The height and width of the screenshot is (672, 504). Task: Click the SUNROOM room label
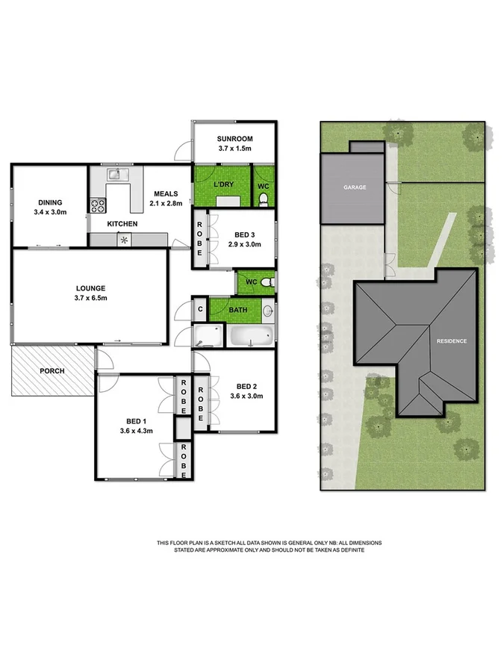click(234, 139)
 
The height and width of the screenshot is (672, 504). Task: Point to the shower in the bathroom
click(208, 336)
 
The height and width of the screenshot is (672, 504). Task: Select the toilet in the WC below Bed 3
click(267, 282)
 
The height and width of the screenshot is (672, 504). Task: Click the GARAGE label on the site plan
click(355, 187)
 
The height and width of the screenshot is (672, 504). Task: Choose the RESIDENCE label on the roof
click(452, 341)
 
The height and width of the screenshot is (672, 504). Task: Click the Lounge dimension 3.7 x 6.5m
click(89, 298)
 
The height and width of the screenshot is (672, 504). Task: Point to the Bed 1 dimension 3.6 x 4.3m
click(136, 431)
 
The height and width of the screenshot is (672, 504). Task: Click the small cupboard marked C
click(199, 308)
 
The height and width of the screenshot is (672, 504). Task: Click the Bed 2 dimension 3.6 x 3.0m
click(246, 396)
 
